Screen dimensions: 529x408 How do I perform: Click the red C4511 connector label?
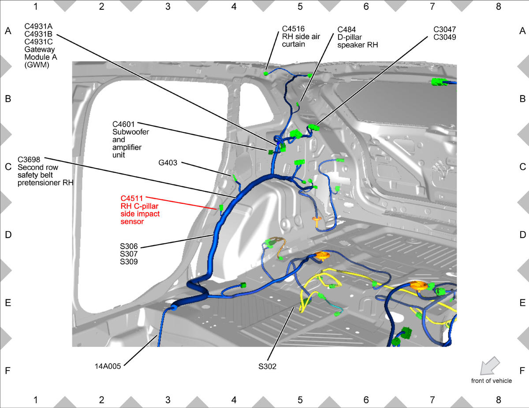(132, 198)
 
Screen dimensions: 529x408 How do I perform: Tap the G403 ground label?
(168, 163)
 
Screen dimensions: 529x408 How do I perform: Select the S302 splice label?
(267, 367)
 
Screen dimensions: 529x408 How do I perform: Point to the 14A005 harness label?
(108, 366)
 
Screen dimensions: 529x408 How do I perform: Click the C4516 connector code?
(293, 29)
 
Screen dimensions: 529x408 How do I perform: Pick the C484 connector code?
(346, 29)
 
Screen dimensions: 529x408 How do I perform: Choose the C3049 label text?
(444, 37)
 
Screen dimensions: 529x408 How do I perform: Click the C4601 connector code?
(123, 124)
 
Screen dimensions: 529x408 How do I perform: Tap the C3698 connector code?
(29, 160)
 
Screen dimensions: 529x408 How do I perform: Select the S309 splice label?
(129, 262)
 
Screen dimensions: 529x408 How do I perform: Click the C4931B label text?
(38, 34)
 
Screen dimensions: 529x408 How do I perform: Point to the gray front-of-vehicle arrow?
(490, 366)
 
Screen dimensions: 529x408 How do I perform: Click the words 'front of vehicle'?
(491, 381)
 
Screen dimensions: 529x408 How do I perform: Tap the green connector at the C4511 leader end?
(221, 208)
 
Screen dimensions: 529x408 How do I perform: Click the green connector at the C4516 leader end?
(265, 73)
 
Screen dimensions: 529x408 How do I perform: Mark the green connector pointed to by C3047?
(314, 127)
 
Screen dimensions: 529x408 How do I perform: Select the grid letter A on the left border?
(8, 31)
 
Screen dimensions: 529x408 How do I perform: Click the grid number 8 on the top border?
(498, 7)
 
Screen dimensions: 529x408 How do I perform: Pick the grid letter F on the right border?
(522, 371)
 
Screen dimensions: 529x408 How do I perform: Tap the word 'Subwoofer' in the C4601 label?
(130, 132)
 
